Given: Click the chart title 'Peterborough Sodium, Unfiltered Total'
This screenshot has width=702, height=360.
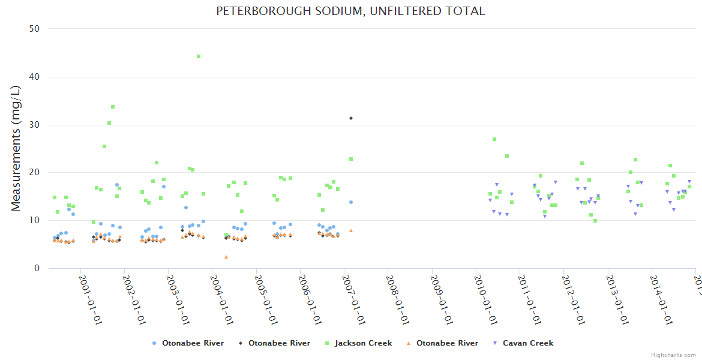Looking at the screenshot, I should pos(350,11).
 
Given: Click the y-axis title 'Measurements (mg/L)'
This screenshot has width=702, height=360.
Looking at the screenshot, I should pos(16,148).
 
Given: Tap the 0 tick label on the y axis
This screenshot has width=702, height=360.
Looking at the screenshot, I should pos(37,268).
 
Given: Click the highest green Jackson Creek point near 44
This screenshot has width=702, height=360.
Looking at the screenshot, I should pos(199,56).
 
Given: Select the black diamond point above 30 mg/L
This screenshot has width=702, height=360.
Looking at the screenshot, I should pos(351,118).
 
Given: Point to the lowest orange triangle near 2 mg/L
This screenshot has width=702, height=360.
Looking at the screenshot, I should pos(226,257).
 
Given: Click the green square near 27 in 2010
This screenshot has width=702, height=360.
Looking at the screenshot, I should pos(494,139).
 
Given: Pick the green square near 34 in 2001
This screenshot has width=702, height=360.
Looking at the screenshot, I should pos(113,107).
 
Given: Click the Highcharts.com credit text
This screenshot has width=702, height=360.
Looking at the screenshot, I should pos(673,355).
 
